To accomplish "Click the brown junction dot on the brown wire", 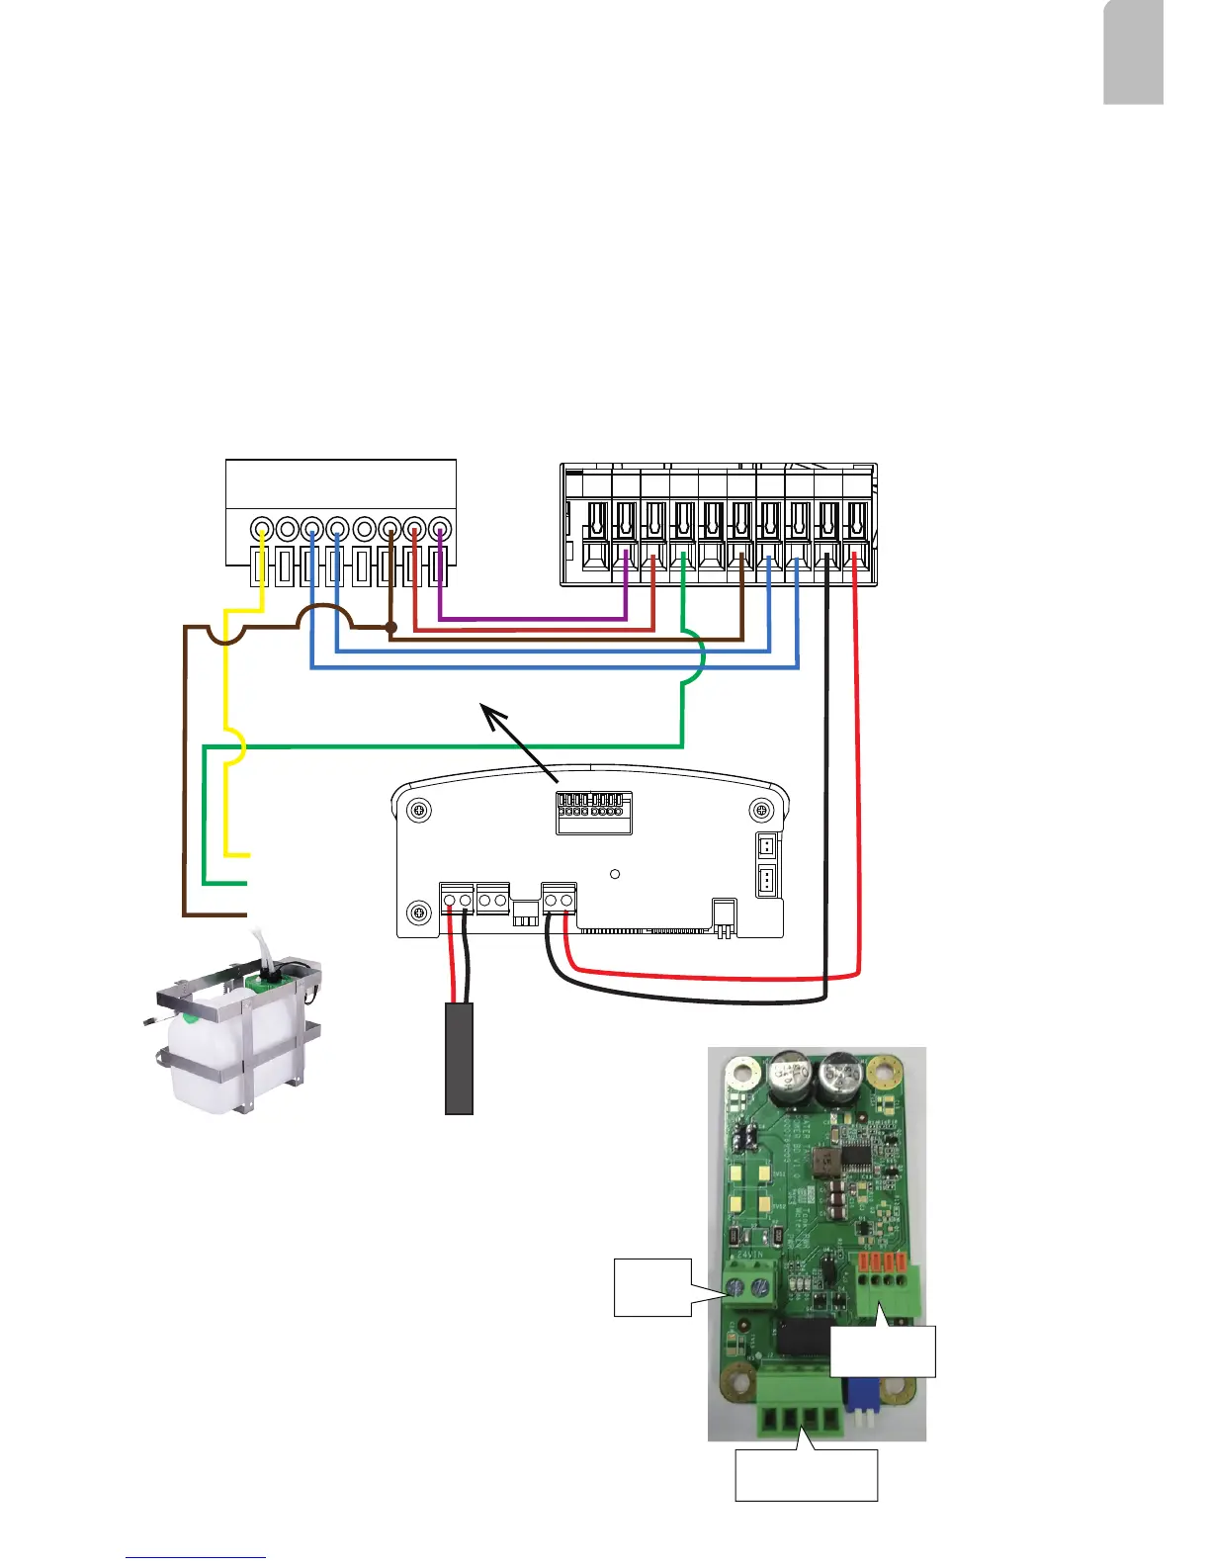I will [x=390, y=627].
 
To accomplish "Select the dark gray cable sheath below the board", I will [x=459, y=1058].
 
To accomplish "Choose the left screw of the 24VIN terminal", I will [x=735, y=1287].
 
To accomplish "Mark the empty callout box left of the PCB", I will [x=651, y=1287].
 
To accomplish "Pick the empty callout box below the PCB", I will [x=806, y=1475].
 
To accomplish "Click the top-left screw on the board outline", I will [x=420, y=811].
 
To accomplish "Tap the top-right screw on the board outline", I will [x=761, y=811].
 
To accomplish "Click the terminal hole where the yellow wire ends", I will [x=262, y=529].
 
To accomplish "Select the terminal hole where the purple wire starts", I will [x=441, y=529].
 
